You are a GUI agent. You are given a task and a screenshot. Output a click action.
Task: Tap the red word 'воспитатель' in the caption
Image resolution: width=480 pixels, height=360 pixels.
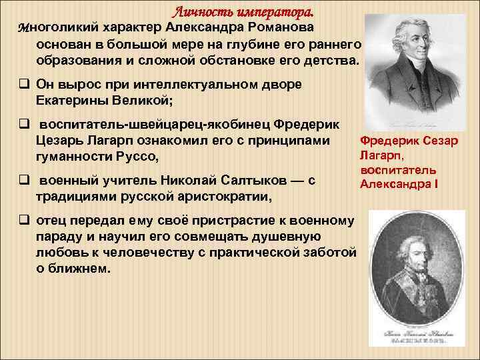click(x=398, y=169)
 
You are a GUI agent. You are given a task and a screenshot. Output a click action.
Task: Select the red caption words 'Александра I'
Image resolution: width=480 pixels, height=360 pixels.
click(x=399, y=183)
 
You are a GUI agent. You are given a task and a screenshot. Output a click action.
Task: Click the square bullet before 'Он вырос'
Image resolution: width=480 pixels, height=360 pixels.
click(x=23, y=85)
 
